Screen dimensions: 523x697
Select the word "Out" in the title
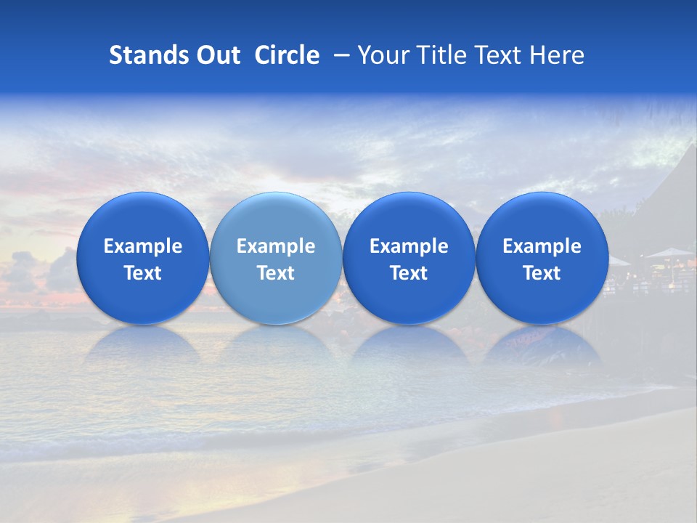(219, 55)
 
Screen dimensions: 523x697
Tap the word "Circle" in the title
(287, 55)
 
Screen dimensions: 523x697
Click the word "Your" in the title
(380, 55)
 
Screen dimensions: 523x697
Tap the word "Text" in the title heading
(497, 55)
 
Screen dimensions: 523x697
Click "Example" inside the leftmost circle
(143, 246)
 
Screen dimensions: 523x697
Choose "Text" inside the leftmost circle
(143, 273)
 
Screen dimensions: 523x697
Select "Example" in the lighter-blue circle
(276, 246)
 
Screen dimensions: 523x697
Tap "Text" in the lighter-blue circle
(276, 273)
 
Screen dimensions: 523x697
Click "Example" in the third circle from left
(409, 246)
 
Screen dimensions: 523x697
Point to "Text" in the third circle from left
(409, 273)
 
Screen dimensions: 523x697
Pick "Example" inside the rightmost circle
(542, 246)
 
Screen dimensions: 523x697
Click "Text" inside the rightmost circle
(542, 273)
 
